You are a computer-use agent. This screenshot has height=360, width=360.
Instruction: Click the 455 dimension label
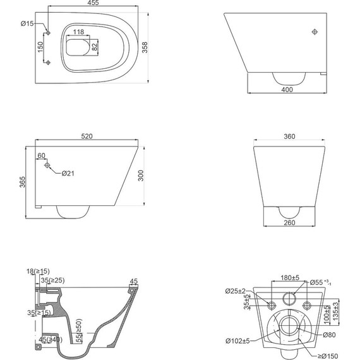pyautogui.click(x=93, y=3)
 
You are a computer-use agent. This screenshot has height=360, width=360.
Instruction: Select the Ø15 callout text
pyautogui.click(x=27, y=23)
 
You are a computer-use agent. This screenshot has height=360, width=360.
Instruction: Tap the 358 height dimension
pyautogui.click(x=145, y=47)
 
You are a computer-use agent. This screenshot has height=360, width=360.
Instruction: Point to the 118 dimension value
pyautogui.click(x=78, y=32)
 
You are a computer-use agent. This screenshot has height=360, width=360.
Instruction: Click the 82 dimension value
pyautogui.click(x=94, y=47)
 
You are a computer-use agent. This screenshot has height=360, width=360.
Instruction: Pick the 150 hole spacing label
pyautogui.click(x=40, y=47)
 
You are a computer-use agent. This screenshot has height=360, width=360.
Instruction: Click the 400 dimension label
pyautogui.click(x=287, y=90)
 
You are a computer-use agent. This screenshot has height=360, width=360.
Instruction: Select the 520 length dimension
pyautogui.click(x=87, y=136)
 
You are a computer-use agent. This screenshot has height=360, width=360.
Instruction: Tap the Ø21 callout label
pyautogui.click(x=68, y=173)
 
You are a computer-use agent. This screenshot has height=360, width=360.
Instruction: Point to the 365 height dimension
pyautogui.click(x=22, y=182)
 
